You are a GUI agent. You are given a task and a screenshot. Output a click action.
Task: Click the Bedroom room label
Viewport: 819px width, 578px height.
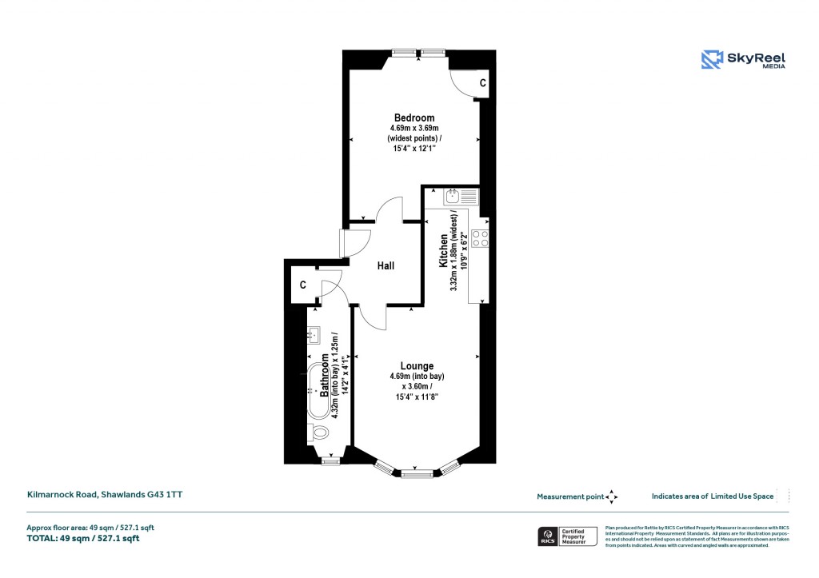[413, 118]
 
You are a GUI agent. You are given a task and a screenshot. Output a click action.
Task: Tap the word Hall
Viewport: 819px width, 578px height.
[386, 266]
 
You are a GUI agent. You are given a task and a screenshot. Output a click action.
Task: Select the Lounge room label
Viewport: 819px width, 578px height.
[417, 366]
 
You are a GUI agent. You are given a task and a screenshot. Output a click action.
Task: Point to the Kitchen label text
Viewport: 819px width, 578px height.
[443, 251]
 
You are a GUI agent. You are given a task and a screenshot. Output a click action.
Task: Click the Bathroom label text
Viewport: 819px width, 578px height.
[326, 375]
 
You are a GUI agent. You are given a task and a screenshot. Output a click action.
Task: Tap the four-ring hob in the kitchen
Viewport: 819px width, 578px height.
[481, 237]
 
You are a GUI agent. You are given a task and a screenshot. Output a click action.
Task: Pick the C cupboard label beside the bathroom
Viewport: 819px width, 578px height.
[303, 285]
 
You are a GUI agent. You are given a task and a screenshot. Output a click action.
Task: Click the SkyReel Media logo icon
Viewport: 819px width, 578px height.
[712, 60]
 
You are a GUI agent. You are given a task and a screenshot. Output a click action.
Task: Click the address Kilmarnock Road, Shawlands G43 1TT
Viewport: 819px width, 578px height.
[105, 495]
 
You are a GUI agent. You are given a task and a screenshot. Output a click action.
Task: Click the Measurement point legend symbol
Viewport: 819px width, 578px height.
[612, 496]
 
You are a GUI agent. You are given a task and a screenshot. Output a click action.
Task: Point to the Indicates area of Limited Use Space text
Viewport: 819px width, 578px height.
[713, 496]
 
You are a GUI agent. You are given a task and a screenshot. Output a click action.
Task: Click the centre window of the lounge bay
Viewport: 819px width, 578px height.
[416, 474]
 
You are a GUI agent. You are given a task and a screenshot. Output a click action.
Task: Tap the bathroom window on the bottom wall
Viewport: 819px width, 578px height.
[330, 460]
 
